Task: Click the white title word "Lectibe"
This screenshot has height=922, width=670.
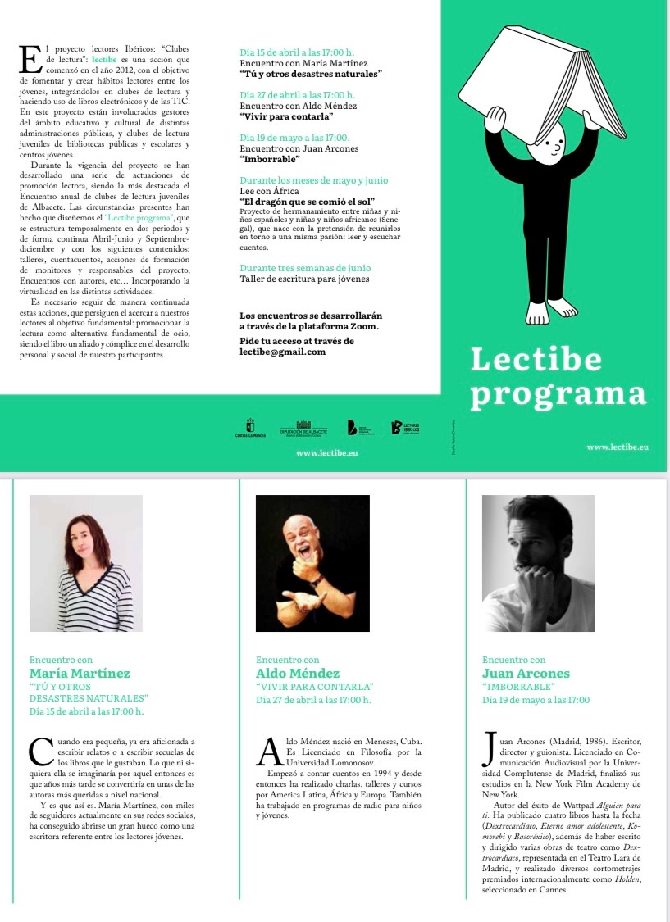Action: click(536, 360)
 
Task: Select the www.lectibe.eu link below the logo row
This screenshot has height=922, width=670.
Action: click(326, 452)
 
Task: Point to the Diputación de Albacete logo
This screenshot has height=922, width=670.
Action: click(303, 428)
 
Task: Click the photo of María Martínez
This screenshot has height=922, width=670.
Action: click(86, 563)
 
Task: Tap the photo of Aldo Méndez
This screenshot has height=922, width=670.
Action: click(312, 563)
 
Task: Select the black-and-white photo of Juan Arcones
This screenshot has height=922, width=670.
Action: click(539, 563)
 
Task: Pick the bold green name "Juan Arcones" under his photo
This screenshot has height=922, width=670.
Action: click(526, 674)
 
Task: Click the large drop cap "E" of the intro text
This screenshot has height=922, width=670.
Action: click(30, 61)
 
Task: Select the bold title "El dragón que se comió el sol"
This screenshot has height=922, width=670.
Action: click(307, 201)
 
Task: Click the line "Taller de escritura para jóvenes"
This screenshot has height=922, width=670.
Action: click(304, 279)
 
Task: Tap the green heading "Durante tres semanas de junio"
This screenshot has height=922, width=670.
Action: click(304, 268)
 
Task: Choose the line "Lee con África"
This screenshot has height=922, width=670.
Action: click(269, 191)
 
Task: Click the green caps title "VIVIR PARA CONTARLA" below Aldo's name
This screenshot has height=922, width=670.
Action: click(315, 687)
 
